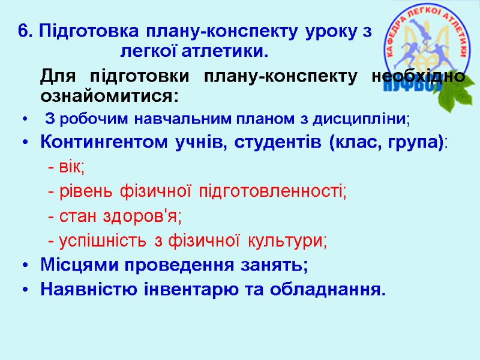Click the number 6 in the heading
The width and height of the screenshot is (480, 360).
pyautogui.click(x=23, y=32)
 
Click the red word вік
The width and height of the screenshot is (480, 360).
pyautogui.click(x=70, y=167)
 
